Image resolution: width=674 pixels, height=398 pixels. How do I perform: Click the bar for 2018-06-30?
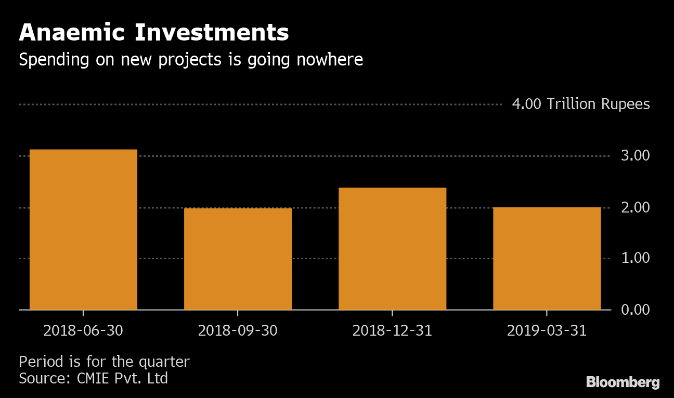click(x=83, y=229)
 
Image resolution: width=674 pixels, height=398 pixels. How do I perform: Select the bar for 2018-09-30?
click(x=238, y=259)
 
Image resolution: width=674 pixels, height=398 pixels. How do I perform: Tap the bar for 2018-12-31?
click(x=392, y=248)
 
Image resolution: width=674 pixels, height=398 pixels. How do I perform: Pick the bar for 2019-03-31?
click(x=547, y=258)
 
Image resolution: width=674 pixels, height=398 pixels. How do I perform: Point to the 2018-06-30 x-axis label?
click(x=83, y=331)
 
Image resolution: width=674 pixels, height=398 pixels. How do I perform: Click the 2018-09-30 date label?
click(x=238, y=331)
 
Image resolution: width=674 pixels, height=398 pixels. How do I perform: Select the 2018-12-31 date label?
click(x=392, y=331)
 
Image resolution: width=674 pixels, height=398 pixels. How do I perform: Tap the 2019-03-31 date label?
click(x=547, y=331)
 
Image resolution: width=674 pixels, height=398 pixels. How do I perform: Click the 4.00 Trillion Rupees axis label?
click(x=580, y=104)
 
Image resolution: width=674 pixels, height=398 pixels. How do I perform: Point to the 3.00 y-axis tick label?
click(x=635, y=156)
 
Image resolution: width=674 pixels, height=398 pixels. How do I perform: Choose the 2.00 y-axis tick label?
click(x=635, y=207)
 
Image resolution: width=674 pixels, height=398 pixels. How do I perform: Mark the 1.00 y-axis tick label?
click(x=635, y=258)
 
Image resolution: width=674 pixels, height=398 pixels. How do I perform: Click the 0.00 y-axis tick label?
click(x=635, y=310)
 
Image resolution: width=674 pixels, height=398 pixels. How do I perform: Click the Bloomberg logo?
click(x=623, y=383)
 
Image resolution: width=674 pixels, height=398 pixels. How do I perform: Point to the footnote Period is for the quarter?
click(x=104, y=362)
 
